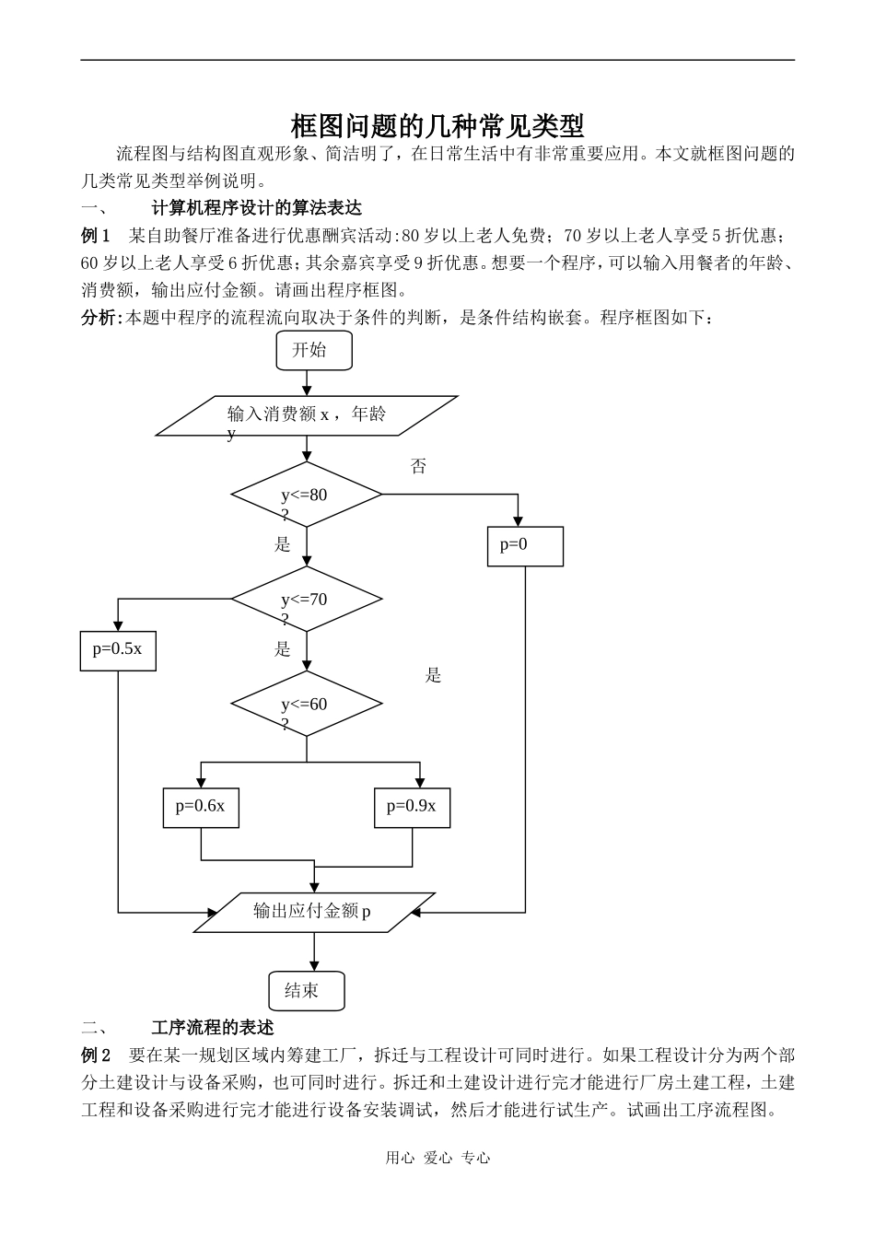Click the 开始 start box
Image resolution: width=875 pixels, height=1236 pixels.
[313, 350]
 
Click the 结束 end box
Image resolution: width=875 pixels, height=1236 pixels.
[307, 991]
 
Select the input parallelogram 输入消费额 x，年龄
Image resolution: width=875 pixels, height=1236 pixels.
[307, 415]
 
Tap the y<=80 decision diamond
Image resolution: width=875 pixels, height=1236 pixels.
[306, 496]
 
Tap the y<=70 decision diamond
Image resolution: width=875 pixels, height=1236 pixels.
[306, 600]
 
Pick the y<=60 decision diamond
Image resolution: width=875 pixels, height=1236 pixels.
[306, 705]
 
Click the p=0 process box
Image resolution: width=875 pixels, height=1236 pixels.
[525, 545]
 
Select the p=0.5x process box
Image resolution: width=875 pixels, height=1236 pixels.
[118, 650]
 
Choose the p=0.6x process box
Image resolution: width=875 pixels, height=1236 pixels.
[201, 808]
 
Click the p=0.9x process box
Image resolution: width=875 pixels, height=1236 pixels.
[412, 808]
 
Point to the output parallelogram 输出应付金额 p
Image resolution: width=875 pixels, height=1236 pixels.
[313, 912]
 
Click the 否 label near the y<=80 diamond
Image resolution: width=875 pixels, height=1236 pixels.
[418, 467]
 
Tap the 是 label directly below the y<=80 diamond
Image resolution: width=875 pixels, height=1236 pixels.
[283, 544]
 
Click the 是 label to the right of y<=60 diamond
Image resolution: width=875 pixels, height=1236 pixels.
[433, 676]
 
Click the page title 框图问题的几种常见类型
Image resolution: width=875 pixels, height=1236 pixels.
[437, 125]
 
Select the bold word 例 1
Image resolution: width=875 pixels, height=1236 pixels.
[96, 235]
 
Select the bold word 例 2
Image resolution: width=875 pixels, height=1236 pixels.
[96, 1055]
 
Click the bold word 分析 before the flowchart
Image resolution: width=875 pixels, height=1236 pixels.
[99, 318]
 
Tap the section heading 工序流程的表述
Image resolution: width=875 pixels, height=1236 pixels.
[213, 1027]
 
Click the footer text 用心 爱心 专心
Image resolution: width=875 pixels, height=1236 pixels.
[437, 1159]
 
